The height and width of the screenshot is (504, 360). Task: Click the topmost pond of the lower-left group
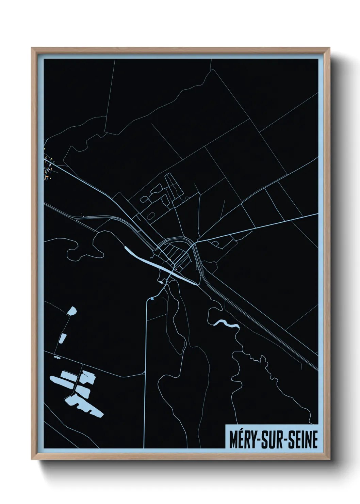point(72,311)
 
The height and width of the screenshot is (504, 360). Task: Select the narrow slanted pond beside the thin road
point(63,338)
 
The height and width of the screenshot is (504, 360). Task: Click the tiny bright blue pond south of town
point(152,299)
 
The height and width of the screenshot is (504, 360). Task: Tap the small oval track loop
point(151,215)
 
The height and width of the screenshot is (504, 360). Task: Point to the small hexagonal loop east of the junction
point(215,243)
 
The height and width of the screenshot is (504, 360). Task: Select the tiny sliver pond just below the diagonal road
point(56,358)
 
